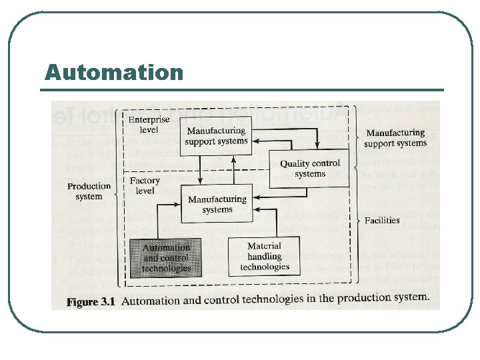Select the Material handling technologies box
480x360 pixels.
tap(265, 257)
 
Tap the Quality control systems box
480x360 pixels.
tap(310, 168)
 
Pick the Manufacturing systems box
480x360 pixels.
tap(218, 204)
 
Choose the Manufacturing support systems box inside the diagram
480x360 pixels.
tap(216, 136)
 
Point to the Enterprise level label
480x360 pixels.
tap(149, 124)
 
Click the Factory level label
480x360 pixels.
tap(145, 185)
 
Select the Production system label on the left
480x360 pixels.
tap(89, 191)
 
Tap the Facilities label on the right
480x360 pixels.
tap(382, 220)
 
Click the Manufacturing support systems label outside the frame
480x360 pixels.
tap(395, 138)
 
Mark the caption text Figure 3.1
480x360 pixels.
tap(91, 301)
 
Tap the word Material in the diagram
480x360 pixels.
tap(265, 247)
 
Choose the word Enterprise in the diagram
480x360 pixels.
tap(149, 119)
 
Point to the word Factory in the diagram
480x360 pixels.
tap(145, 181)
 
